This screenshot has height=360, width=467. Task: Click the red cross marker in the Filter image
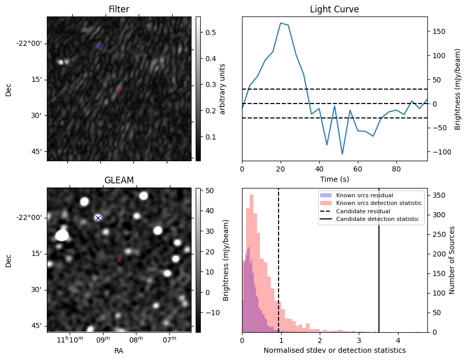point(119,89)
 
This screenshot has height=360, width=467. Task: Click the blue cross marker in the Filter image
point(100,46)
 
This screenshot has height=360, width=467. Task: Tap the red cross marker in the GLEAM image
point(119,260)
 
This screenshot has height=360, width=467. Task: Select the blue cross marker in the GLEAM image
point(98,218)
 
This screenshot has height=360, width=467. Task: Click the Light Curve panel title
point(334,9)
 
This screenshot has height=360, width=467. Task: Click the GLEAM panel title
point(119,180)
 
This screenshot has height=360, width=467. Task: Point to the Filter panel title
point(119,9)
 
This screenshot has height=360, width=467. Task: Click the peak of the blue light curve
point(281,23)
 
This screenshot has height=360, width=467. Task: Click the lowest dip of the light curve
point(342,154)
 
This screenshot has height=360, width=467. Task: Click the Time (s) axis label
point(334,179)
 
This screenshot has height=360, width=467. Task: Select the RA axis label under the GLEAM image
point(119,351)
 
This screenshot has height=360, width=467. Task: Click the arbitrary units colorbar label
point(222,89)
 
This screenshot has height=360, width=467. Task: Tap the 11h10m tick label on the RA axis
point(70,340)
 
